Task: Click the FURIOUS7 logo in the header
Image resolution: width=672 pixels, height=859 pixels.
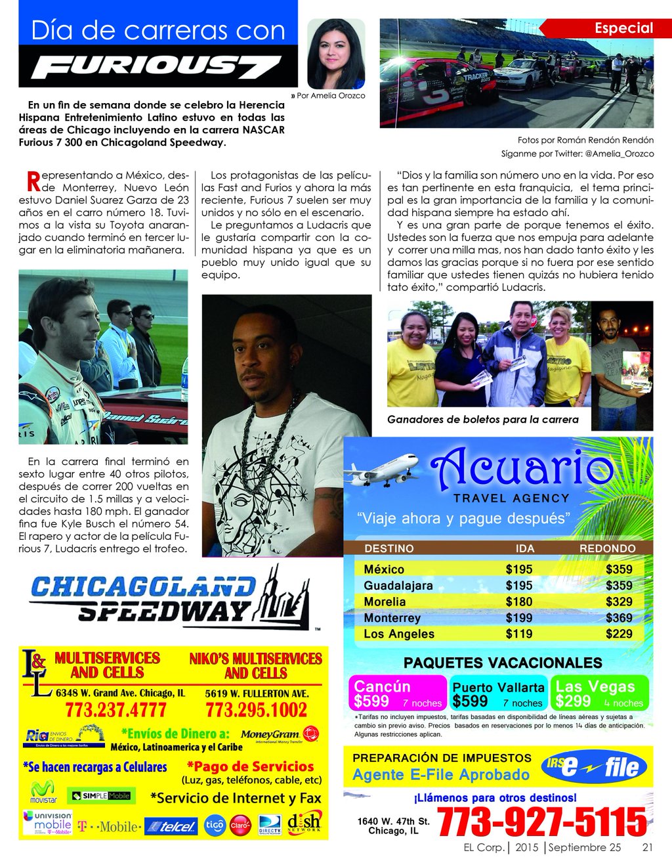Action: pos(156,67)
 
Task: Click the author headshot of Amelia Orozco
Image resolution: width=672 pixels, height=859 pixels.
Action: pos(335,53)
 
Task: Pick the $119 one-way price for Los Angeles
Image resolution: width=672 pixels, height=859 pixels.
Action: pos(518,634)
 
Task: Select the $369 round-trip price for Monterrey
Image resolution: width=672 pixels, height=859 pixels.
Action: pos(619,617)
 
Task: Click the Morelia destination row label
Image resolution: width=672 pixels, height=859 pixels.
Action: pos(385,602)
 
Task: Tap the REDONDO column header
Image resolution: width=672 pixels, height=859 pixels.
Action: pos(607,548)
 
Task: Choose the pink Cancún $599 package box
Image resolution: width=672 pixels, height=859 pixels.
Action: pos(398,694)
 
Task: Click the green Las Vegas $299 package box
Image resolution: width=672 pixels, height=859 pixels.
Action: pos(599,694)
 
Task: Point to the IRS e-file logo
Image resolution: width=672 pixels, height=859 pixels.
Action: pos(595,766)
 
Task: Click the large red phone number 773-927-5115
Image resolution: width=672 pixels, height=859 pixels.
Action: pos(541,821)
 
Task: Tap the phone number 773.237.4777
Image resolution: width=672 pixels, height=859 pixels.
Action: pos(115,710)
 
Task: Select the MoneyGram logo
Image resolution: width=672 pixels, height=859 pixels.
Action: pos(279,735)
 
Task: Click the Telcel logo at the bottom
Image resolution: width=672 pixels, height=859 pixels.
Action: pos(171,827)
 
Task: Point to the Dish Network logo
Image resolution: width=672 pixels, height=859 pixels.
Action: pos(304,823)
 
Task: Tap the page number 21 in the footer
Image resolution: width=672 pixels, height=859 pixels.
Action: pos(647,847)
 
